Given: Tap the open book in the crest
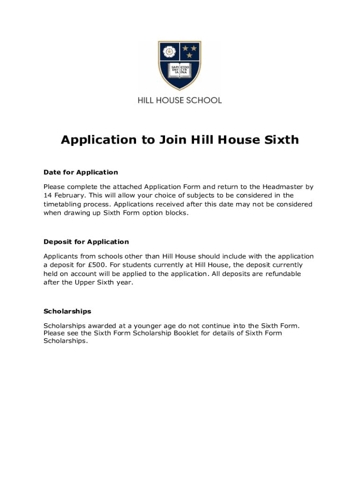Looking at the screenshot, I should point(180,71).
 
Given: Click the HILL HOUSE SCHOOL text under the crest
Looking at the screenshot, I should point(180,100).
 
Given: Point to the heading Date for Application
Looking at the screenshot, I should point(80,172).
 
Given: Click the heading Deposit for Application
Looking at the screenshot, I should point(86,242).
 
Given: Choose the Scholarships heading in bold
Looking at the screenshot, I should point(67,311).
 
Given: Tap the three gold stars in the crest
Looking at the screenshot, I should point(190,51).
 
